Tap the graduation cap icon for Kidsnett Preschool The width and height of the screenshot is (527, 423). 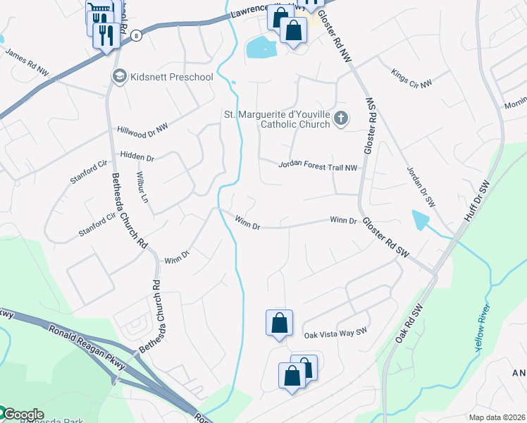[x=118, y=75]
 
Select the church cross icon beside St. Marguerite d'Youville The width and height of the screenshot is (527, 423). [x=341, y=118]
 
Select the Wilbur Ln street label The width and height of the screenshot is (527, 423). [x=144, y=185]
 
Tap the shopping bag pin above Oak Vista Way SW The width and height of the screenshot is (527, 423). [x=279, y=323]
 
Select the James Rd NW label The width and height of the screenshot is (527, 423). [x=27, y=62]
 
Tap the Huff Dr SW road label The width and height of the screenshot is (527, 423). [x=477, y=202]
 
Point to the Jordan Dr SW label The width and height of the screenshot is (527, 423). [x=421, y=185]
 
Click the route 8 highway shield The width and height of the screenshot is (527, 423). [x=135, y=36]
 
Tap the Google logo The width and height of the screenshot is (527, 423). [x=23, y=415]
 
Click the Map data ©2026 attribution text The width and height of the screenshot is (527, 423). [x=497, y=417]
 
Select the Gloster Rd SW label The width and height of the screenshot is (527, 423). [x=386, y=236]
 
